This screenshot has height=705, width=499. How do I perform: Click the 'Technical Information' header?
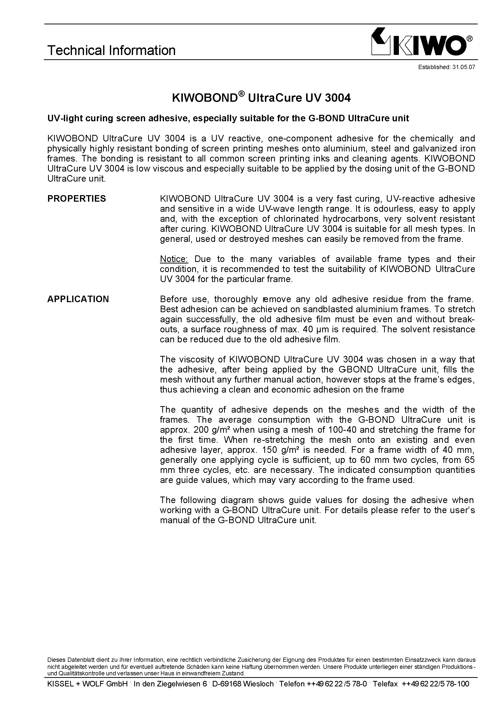click(x=111, y=50)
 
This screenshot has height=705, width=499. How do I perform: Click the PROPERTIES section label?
click(x=76, y=199)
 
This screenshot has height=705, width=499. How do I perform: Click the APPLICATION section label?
click(x=78, y=299)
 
